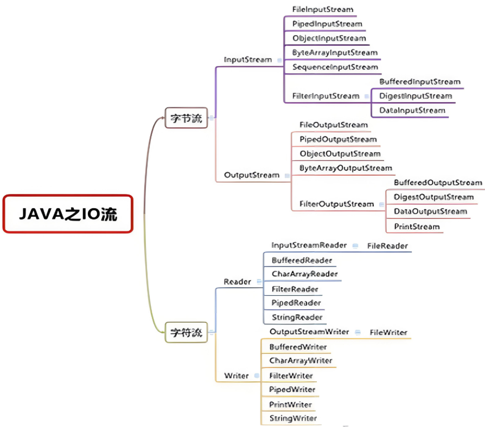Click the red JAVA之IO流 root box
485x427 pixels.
click(x=68, y=214)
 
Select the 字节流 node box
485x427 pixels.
click(x=186, y=118)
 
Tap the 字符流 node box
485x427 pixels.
click(x=186, y=332)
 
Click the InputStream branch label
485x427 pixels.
click(x=247, y=60)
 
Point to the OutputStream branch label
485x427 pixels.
click(x=252, y=175)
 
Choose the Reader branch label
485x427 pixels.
click(x=237, y=282)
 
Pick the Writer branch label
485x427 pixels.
click(x=236, y=376)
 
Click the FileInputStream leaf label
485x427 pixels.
click(x=323, y=10)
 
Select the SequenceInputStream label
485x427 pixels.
click(x=335, y=67)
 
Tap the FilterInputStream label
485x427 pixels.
click(x=326, y=96)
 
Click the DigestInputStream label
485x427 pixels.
click(x=415, y=96)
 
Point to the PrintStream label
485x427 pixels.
click(x=417, y=227)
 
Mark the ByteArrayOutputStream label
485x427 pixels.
click(x=346, y=168)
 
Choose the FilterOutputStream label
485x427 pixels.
click(x=336, y=204)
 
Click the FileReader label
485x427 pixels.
click(x=387, y=246)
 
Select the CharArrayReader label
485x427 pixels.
click(x=304, y=274)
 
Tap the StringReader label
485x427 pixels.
click(x=297, y=317)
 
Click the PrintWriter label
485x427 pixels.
click(x=290, y=404)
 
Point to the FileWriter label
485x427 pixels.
click(x=388, y=332)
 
